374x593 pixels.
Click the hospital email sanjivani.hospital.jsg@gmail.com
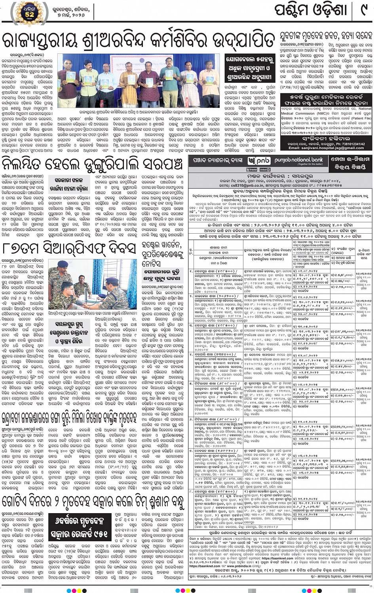click(x=327, y=148)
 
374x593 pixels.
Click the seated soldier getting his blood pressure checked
click(x=65, y=293)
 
